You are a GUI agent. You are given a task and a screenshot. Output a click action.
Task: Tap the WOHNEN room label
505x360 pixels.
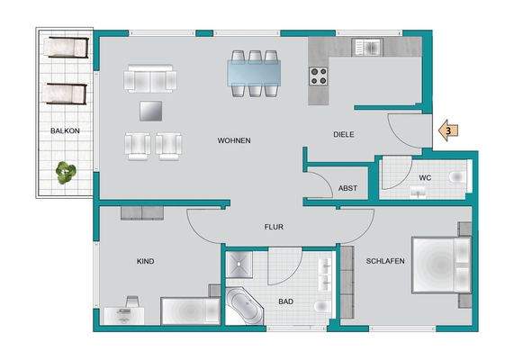(233, 140)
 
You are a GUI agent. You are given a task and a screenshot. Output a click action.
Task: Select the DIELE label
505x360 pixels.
(344, 135)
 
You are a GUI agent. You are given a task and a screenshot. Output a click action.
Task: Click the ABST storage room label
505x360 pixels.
(347, 188)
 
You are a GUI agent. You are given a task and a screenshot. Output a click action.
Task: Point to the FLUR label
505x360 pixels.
(275, 228)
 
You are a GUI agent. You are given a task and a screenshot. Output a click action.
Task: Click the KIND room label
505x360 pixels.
(145, 262)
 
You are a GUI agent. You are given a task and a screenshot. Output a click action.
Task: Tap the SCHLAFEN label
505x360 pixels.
(385, 261)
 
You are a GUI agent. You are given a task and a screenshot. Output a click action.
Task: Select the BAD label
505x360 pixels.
(285, 302)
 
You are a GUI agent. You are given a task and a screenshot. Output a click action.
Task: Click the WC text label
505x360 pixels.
(425, 177)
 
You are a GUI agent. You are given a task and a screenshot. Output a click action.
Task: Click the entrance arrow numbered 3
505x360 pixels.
(447, 130)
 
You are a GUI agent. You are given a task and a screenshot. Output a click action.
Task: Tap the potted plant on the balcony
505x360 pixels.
(64, 172)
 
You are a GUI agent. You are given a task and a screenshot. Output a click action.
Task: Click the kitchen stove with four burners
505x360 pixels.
(320, 76)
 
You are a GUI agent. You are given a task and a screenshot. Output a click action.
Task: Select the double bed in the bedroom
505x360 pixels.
(442, 265)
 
